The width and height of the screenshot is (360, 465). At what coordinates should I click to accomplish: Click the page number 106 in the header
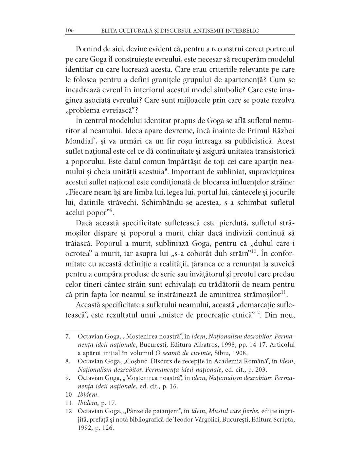[x=70, y=31]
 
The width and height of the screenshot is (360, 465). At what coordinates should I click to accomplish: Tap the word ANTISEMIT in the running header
[x=206, y=31]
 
